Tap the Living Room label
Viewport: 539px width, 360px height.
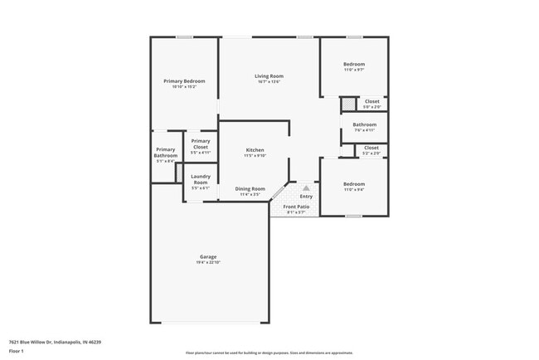coord(269,76)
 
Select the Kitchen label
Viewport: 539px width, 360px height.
coord(255,150)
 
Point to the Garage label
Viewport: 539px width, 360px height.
coord(208,256)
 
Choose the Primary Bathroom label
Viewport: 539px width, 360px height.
coord(166,152)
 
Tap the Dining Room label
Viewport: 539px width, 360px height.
coord(250,188)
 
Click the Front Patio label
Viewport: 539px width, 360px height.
coord(296,207)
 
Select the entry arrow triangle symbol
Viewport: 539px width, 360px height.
coord(305,188)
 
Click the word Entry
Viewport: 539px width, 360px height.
coord(306,197)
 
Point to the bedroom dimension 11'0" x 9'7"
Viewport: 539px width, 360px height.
coord(354,70)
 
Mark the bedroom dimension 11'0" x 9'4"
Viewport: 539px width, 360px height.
coord(354,189)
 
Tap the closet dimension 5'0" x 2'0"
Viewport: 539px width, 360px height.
coord(372,107)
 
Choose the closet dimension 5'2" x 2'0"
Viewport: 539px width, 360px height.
coord(372,153)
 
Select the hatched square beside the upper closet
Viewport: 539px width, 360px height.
coord(349,104)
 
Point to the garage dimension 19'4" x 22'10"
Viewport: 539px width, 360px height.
coord(208,262)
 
